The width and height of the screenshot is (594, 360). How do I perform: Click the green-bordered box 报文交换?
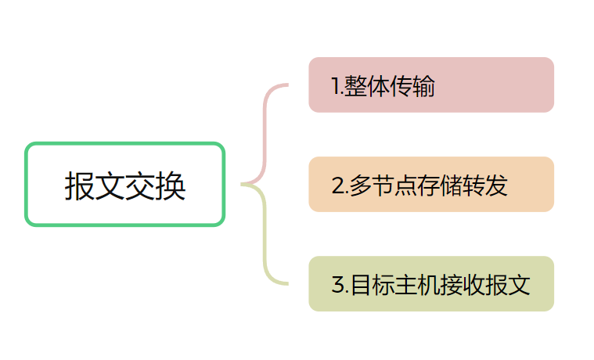coord(125,185)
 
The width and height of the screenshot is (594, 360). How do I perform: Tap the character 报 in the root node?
coord(79,186)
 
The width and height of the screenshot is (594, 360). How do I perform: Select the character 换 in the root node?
coord(171,186)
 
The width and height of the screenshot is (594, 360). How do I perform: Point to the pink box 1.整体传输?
coord(431,85)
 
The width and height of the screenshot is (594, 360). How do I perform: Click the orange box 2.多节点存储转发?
coord(431,185)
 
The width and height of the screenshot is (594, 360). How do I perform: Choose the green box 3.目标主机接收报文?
coord(431,284)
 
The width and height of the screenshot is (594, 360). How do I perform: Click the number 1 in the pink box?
coord(336,86)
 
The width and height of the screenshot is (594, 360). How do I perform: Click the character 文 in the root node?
coord(110,186)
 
